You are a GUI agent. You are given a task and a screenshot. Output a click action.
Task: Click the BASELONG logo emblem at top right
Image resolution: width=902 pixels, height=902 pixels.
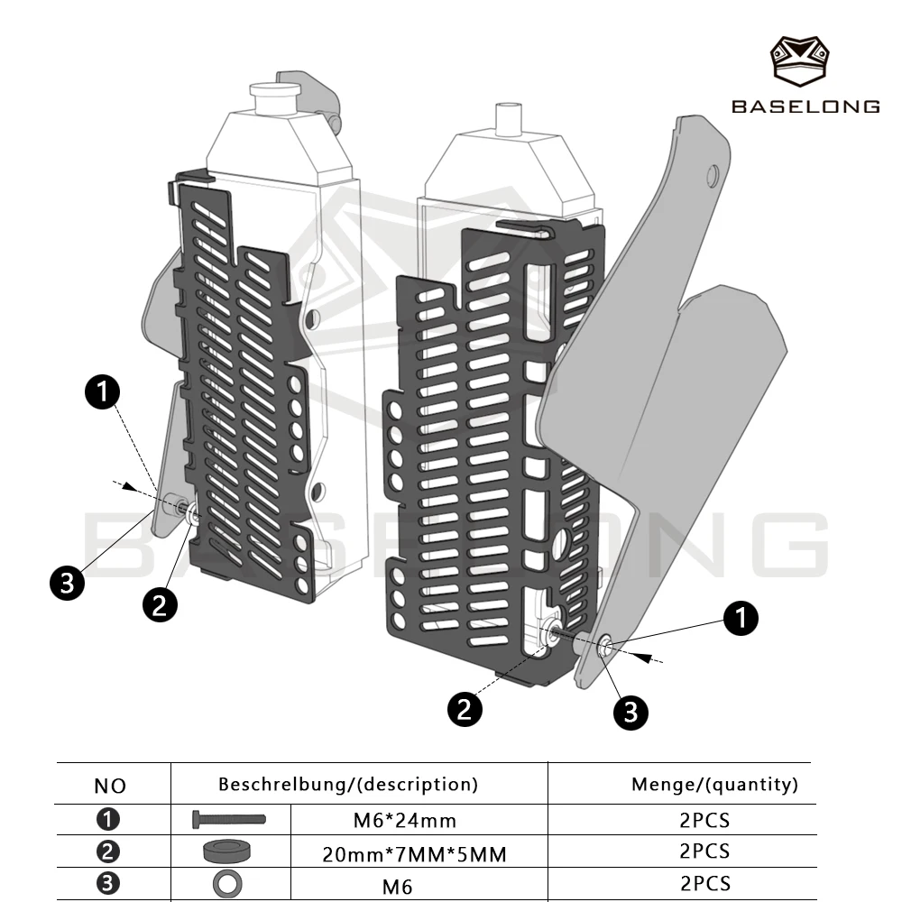tap(799, 61)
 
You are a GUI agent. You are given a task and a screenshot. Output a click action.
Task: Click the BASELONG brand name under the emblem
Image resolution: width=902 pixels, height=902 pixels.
tap(805, 106)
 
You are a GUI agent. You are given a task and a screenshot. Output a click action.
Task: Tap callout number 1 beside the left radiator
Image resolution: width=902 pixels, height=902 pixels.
tap(103, 392)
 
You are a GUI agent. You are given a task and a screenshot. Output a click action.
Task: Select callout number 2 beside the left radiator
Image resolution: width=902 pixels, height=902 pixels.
tap(160, 604)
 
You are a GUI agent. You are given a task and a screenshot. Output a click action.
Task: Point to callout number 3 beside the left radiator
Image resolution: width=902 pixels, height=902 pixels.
tap(68, 583)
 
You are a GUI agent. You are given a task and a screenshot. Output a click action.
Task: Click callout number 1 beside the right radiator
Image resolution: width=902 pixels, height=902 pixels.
tap(741, 619)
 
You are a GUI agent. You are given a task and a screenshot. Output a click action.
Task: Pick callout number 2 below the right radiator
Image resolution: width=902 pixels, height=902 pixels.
tap(465, 709)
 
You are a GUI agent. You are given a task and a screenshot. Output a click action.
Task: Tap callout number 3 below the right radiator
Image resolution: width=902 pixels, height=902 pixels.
tap(630, 713)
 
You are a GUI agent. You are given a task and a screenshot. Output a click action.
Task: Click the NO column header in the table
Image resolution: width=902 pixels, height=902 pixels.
tap(110, 786)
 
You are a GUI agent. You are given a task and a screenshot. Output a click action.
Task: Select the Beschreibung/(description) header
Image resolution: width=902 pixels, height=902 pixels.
tap(348, 784)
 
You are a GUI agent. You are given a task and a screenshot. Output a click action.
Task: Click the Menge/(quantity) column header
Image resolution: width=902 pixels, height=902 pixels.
tap(715, 784)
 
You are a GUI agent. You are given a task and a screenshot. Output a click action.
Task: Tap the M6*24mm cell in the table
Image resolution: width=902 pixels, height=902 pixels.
tap(405, 820)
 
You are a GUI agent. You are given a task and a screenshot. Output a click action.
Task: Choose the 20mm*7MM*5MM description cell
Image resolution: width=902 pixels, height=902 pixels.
tap(414, 854)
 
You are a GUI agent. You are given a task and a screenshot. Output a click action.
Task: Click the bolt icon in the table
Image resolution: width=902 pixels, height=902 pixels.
tap(229, 819)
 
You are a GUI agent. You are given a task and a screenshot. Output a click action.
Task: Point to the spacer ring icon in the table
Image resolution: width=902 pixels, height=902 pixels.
tap(227, 851)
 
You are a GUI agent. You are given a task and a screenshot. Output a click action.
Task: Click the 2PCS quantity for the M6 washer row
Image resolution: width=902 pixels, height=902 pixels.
tap(704, 884)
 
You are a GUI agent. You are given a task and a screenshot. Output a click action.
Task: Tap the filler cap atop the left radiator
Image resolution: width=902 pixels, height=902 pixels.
tap(275, 97)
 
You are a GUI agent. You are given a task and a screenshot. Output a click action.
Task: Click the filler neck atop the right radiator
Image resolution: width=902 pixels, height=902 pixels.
tap(509, 120)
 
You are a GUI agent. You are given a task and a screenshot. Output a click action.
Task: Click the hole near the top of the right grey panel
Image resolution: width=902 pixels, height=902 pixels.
tap(713, 176)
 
